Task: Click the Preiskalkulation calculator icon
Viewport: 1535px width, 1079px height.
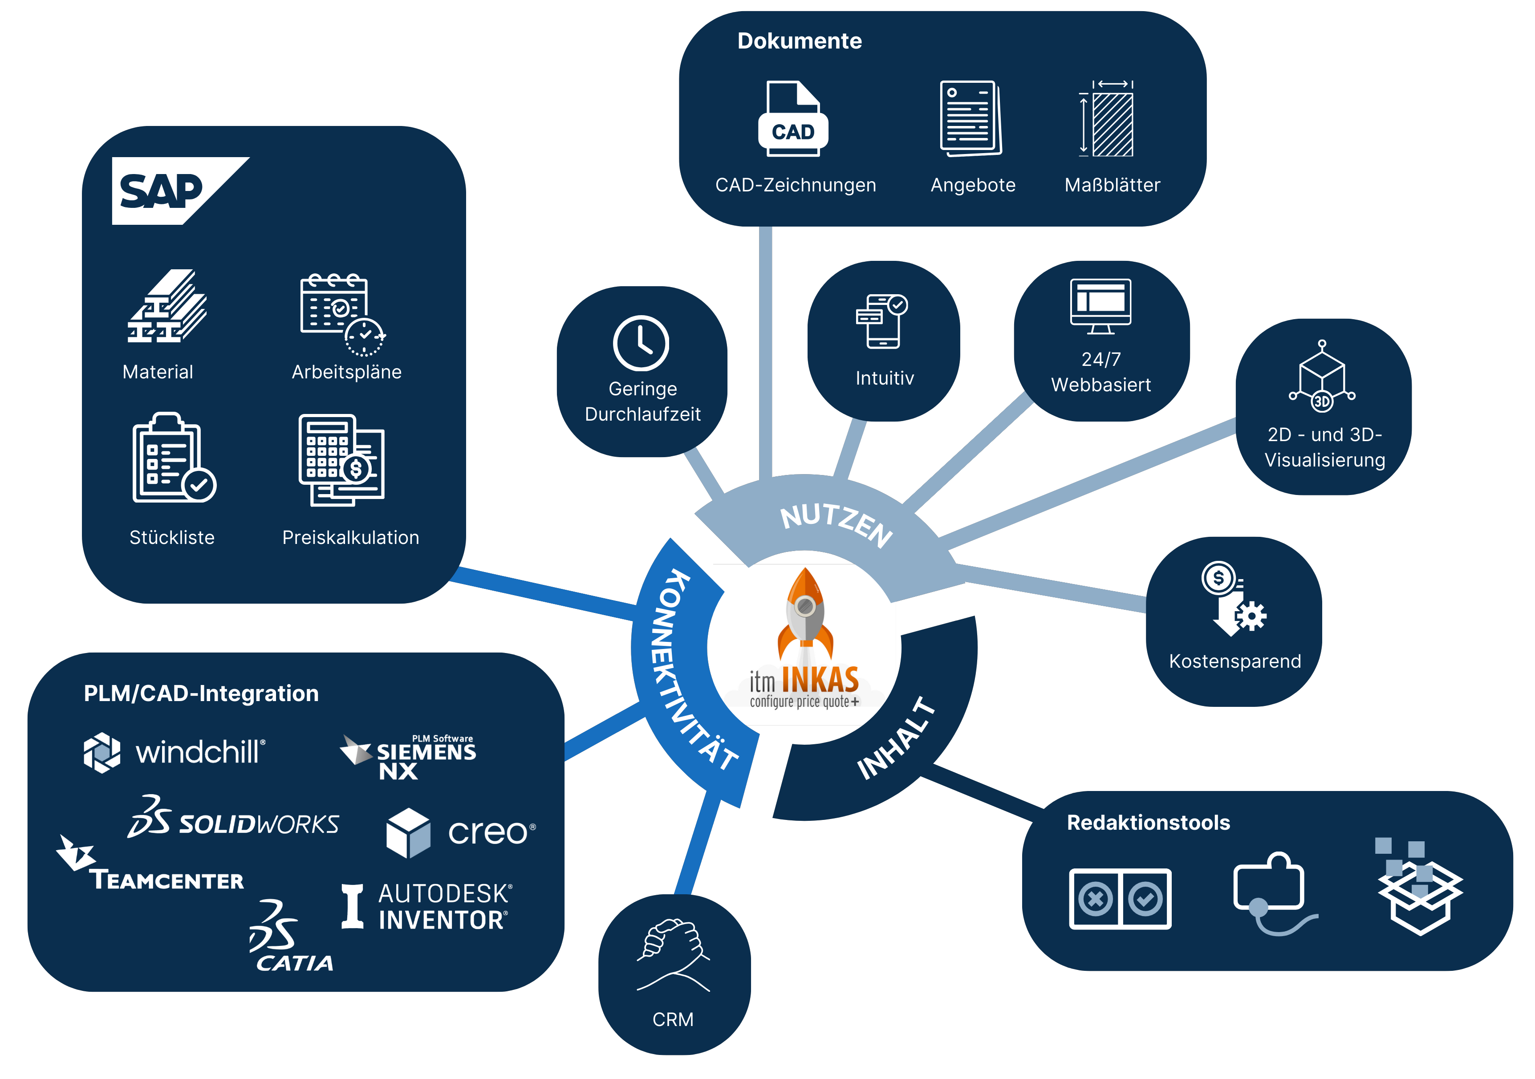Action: coord(341,459)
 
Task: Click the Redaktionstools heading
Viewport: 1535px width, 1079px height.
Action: coord(1148,822)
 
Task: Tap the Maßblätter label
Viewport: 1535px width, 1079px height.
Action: coord(1112,185)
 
